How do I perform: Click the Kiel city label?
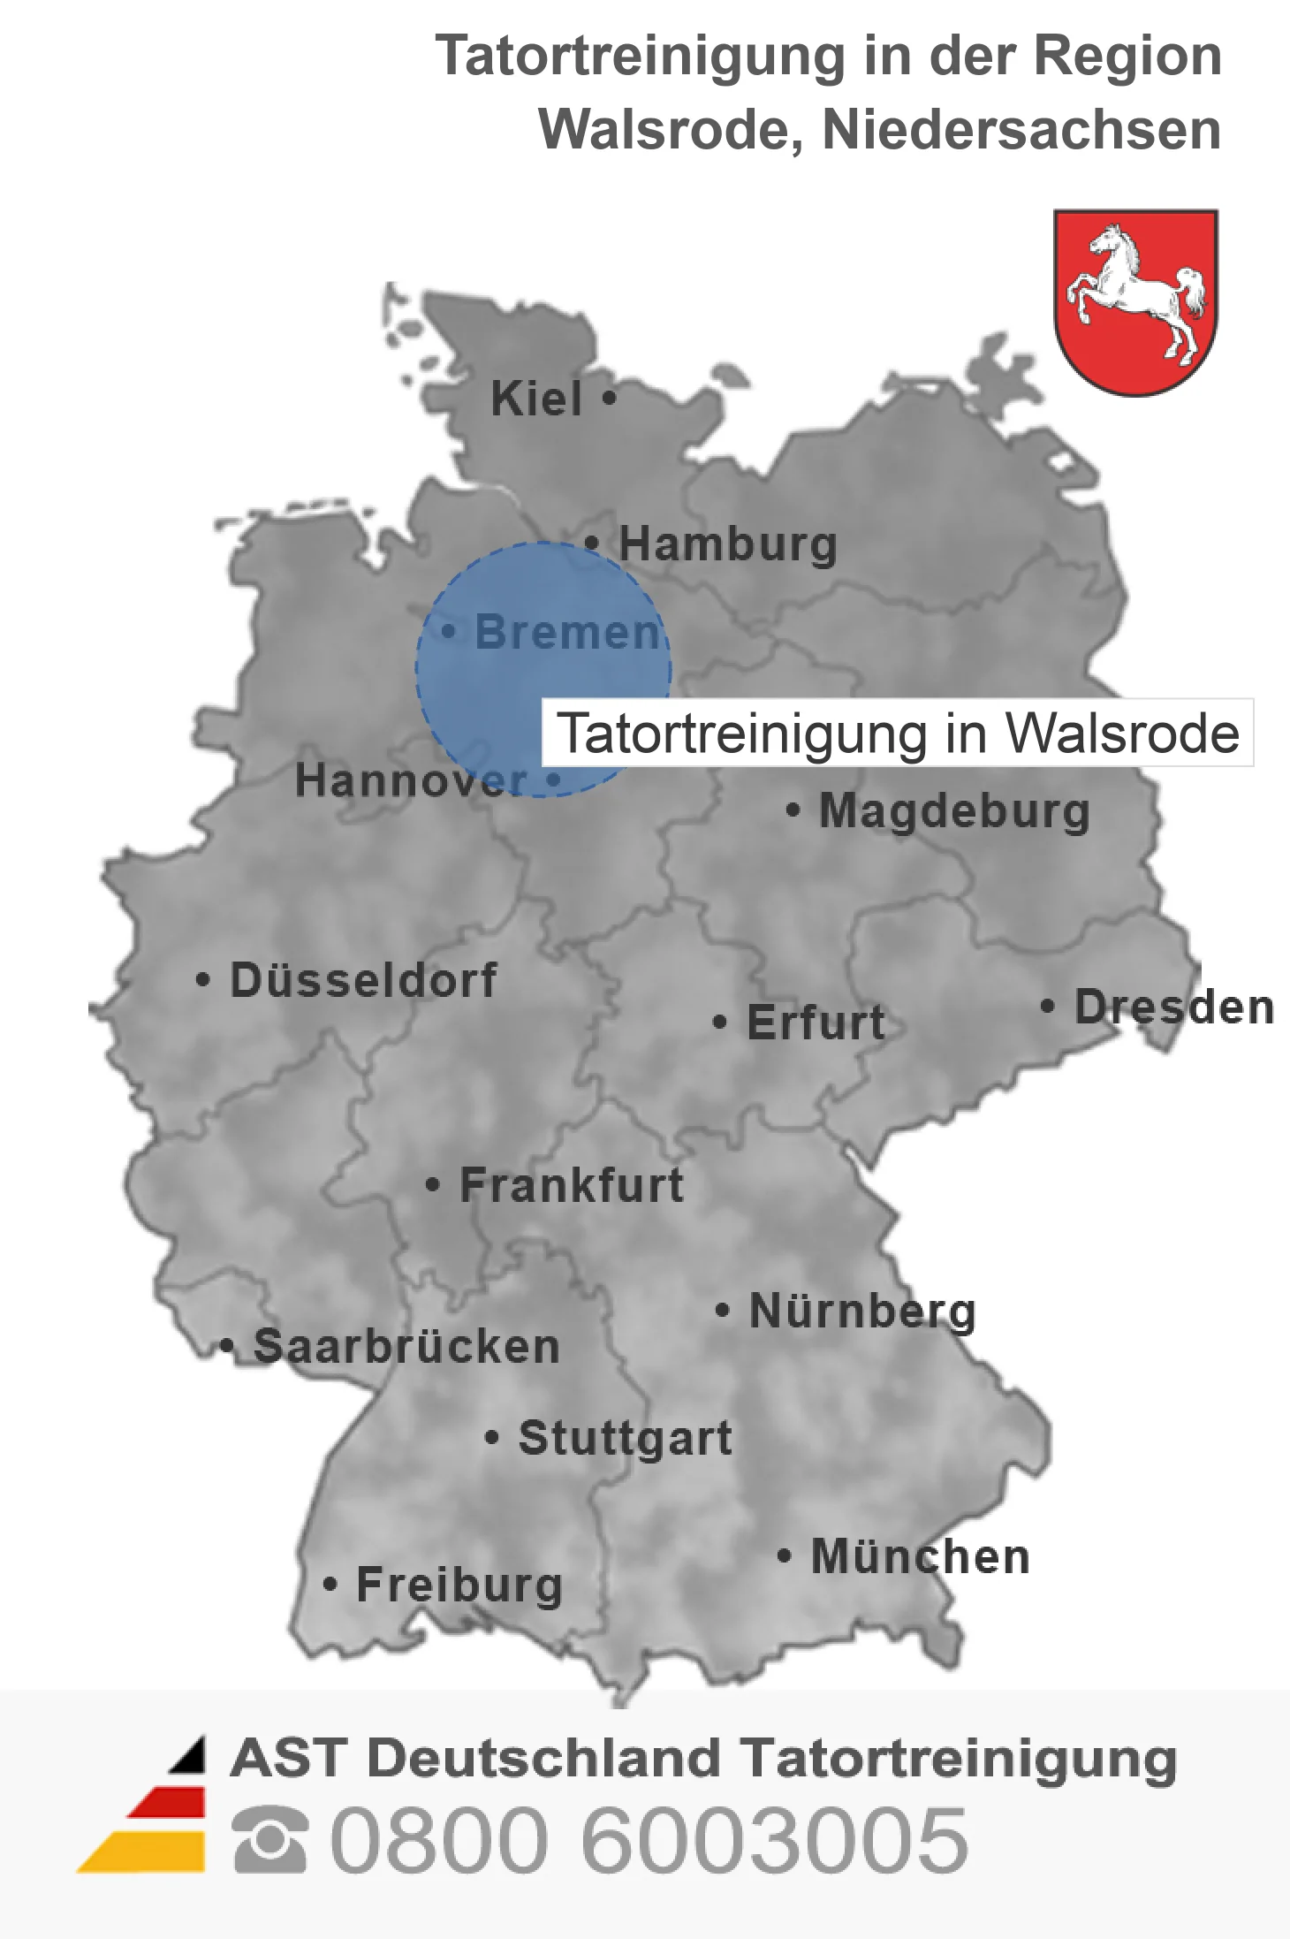click(536, 399)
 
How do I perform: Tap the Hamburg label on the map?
click(727, 544)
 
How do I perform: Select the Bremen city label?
click(567, 632)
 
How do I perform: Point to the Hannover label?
click(411, 780)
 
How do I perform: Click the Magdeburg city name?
click(954, 810)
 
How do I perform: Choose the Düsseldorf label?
click(363, 980)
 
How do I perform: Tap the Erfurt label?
click(816, 1023)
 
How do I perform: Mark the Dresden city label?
click(1173, 1007)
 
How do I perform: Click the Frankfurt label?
click(572, 1185)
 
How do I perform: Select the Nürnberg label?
click(862, 1311)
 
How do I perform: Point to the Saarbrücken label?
click(406, 1347)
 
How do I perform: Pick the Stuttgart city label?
click(625, 1438)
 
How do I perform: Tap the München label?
click(920, 1556)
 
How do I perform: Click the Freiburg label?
click(459, 1585)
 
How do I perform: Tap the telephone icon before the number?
click(270, 1839)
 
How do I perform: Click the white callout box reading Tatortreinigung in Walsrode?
click(898, 734)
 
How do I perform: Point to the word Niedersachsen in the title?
click(1021, 130)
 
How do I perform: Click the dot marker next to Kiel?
click(609, 398)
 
